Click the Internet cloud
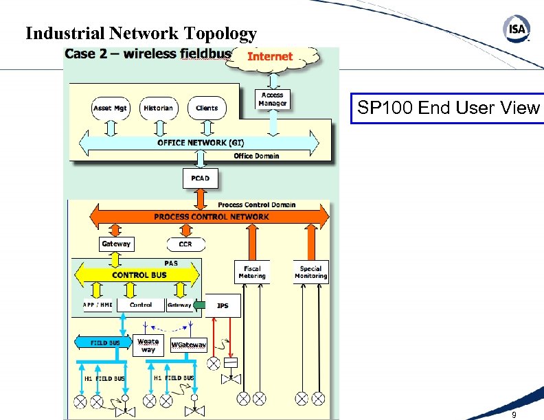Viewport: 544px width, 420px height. [x=270, y=57]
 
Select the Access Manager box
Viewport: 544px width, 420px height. [x=273, y=99]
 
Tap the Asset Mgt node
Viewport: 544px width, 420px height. [x=111, y=108]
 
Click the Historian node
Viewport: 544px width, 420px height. [x=159, y=108]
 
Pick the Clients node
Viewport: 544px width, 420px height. [x=206, y=108]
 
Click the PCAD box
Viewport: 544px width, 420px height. [x=201, y=178]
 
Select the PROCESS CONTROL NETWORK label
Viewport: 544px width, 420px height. [x=211, y=217]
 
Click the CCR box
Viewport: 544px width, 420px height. [x=185, y=244]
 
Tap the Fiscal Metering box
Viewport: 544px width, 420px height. [x=252, y=272]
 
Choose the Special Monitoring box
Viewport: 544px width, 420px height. [x=310, y=272]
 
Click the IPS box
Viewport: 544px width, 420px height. [x=223, y=305]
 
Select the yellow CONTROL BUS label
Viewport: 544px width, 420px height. [x=139, y=275]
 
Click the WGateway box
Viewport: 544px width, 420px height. [x=188, y=345]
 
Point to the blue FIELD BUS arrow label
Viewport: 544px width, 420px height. [x=105, y=342]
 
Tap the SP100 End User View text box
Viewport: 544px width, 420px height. [x=448, y=108]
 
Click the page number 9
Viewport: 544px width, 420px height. [x=514, y=415]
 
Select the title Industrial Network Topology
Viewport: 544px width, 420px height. [x=141, y=34]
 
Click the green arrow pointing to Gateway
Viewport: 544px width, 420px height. [x=199, y=305]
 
